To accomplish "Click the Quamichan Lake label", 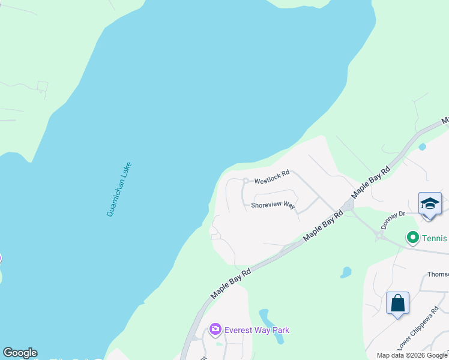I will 119,190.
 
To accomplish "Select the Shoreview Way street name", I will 273,205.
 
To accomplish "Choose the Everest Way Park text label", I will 256,330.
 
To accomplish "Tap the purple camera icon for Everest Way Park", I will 215,329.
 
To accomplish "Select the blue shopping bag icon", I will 397,303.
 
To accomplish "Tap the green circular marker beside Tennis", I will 412,238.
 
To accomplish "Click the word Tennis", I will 434,238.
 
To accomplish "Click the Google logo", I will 20,353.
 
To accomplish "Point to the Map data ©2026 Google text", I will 412,355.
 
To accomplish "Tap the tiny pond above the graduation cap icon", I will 422,146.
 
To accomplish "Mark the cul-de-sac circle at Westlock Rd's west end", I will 245,180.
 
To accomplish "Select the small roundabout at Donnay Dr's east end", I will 380,236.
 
